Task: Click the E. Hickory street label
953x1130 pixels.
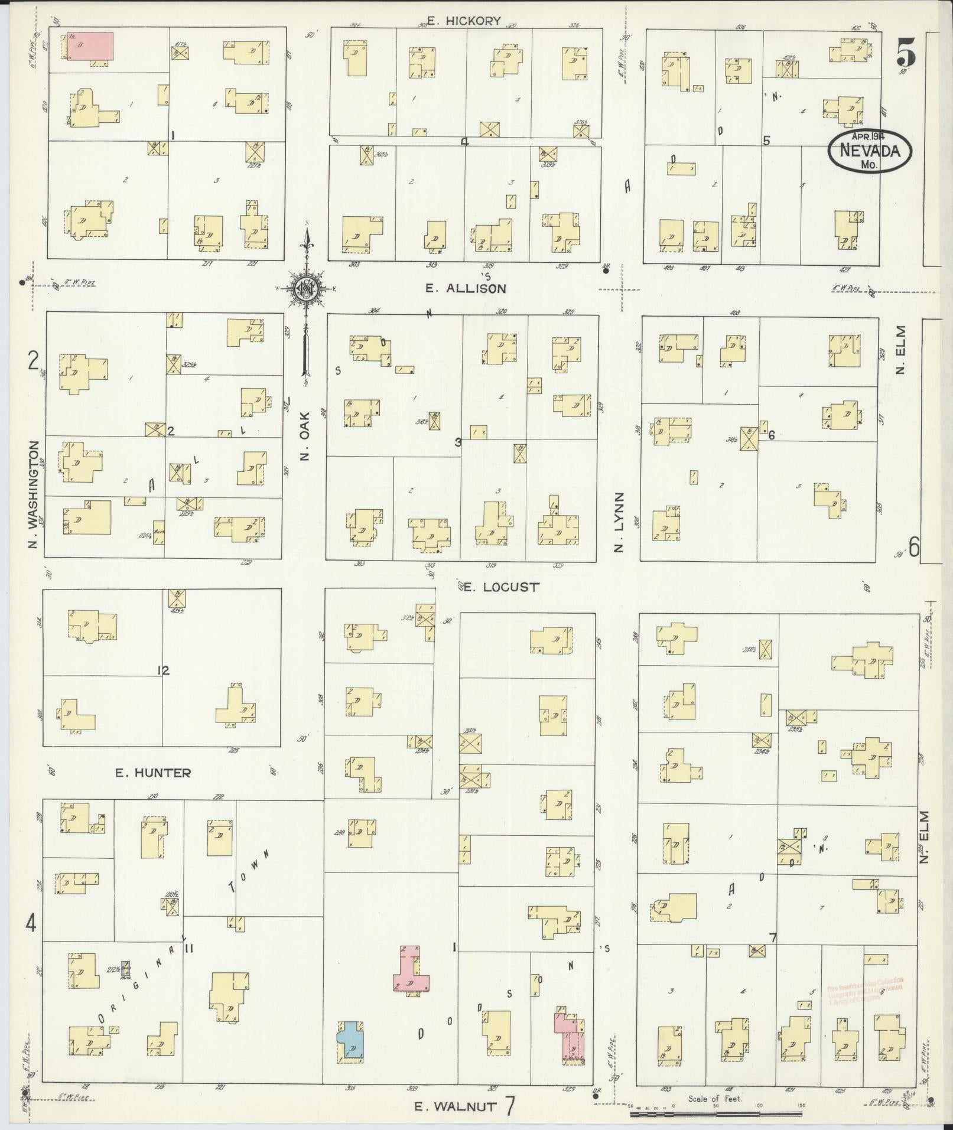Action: coord(464,21)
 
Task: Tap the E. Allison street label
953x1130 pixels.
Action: coord(466,288)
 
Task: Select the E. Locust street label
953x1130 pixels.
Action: coord(500,587)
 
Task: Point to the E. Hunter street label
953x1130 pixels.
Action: coord(153,772)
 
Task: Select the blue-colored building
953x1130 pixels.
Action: coord(350,1043)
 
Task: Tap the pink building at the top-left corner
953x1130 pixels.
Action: coord(90,46)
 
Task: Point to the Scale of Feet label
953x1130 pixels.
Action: coord(715,1099)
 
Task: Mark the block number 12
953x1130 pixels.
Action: coord(164,670)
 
